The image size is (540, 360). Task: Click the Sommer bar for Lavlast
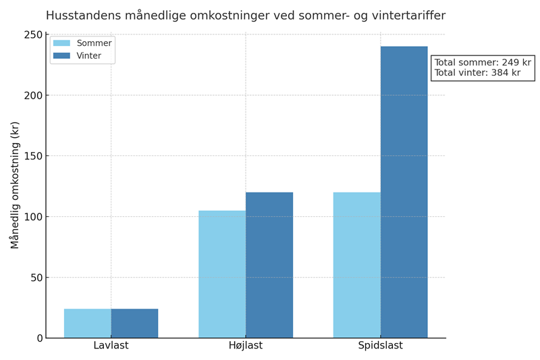(88, 324)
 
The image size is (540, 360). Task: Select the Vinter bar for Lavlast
(134, 324)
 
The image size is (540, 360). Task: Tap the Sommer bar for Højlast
(222, 274)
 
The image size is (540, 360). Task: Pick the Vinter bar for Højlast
(269, 265)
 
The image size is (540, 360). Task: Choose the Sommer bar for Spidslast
(356, 265)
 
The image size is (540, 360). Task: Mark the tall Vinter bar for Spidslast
(404, 192)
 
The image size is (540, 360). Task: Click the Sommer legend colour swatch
(61, 43)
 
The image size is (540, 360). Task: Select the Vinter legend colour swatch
(61, 56)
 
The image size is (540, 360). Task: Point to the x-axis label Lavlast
(111, 346)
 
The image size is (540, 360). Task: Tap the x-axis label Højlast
(246, 346)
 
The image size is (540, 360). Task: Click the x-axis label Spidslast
(380, 346)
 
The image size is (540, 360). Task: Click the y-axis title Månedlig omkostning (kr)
(15, 185)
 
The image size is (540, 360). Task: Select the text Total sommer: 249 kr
(483, 63)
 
